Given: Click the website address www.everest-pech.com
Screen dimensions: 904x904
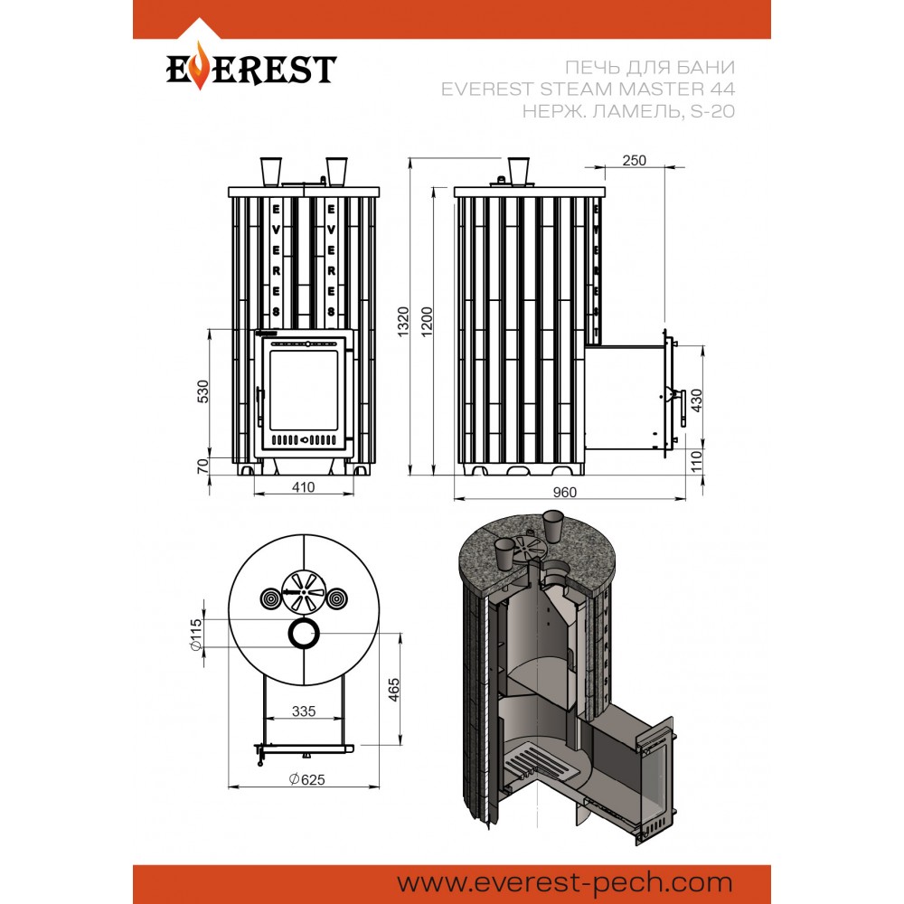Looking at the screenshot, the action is pyautogui.click(x=564, y=882).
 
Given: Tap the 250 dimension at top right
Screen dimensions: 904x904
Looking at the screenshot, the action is pyautogui.click(x=635, y=160).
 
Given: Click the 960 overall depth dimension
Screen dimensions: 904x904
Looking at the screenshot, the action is pyautogui.click(x=564, y=492).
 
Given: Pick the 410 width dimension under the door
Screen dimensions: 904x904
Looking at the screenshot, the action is pyautogui.click(x=303, y=487).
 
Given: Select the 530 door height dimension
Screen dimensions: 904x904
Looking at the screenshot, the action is pyautogui.click(x=202, y=391).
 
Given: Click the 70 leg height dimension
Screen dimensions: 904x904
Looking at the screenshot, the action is pyautogui.click(x=202, y=466).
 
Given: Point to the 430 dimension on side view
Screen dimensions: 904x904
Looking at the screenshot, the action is pyautogui.click(x=696, y=400).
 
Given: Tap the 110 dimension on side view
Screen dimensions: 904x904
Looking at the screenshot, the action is pyautogui.click(x=696, y=461).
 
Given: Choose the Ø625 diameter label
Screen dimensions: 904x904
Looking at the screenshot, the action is pyautogui.click(x=307, y=779).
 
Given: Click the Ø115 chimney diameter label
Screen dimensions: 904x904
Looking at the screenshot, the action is pyautogui.click(x=196, y=635).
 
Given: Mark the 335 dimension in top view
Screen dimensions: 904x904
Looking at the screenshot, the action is pyautogui.click(x=304, y=711).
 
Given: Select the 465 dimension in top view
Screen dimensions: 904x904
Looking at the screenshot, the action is pyautogui.click(x=394, y=690).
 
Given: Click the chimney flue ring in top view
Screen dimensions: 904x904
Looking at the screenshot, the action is pyautogui.click(x=290, y=635).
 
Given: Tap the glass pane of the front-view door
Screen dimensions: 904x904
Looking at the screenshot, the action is pyautogui.click(x=303, y=390).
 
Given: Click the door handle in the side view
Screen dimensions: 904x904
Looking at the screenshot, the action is pyautogui.click(x=683, y=408).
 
